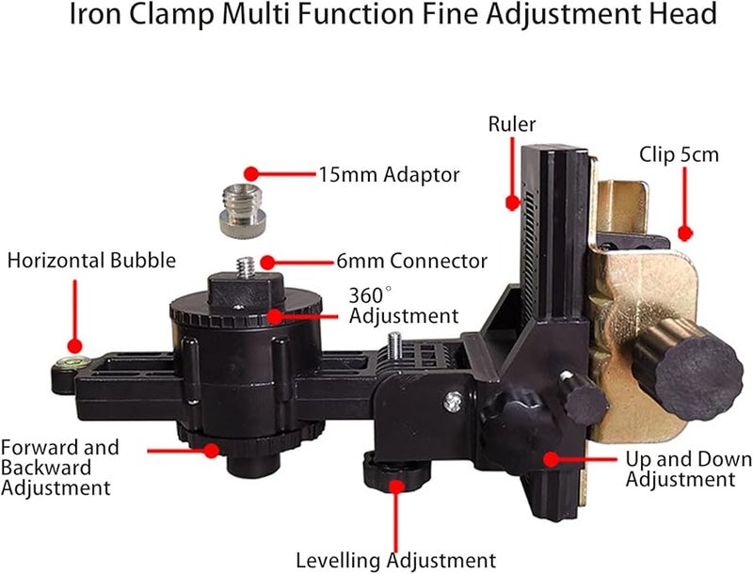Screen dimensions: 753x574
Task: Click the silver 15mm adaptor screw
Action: click(x=242, y=211)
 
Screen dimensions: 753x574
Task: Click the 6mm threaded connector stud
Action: click(x=247, y=267)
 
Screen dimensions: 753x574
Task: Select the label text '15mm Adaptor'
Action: click(x=389, y=175)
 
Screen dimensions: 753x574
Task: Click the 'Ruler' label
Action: click(x=511, y=124)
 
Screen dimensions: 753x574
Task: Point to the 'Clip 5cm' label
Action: click(x=679, y=155)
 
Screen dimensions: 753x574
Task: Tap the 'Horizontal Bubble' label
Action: click(x=91, y=261)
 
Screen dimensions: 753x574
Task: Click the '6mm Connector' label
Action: click(x=411, y=261)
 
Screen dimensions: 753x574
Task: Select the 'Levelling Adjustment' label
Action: click(x=395, y=560)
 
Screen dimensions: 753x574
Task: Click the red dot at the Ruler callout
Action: click(x=513, y=203)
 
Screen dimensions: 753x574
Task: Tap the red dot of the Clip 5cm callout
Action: click(x=685, y=233)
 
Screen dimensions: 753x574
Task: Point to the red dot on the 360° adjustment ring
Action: click(x=275, y=316)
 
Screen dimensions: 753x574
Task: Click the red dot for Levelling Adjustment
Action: click(x=396, y=486)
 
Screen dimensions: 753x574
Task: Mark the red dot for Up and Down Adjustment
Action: click(x=552, y=459)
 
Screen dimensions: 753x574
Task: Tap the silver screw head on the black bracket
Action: click(x=454, y=402)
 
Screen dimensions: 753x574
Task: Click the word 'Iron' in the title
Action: click(x=95, y=14)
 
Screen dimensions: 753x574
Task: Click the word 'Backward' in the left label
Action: click(x=46, y=468)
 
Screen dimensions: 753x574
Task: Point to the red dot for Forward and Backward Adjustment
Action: click(x=212, y=450)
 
